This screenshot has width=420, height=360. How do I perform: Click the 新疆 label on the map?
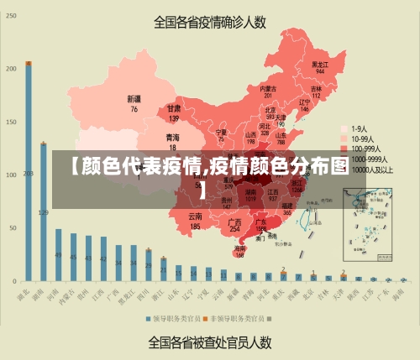[x=134, y=103]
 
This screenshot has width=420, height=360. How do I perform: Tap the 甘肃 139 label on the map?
[x=174, y=112]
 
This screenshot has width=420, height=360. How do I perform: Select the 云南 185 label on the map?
[x=195, y=222]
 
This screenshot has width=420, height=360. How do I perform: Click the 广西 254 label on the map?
[x=235, y=225]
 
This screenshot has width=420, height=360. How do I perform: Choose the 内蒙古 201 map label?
[x=268, y=91]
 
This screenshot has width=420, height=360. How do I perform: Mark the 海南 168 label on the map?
[x=240, y=251]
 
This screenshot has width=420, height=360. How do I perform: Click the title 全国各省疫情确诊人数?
[x=210, y=23]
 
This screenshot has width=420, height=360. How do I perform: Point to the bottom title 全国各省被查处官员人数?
[x=210, y=342]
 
